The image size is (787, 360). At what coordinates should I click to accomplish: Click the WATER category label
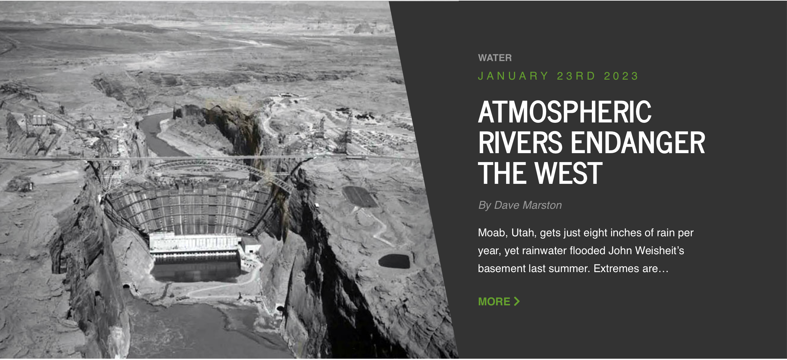(495, 58)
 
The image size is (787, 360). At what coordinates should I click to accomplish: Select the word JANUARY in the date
(513, 76)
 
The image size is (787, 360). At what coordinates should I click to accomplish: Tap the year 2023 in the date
(621, 76)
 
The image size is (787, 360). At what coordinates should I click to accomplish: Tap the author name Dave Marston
(528, 205)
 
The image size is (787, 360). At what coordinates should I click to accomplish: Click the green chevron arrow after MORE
(517, 301)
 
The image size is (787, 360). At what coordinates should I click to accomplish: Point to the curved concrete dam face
(189, 208)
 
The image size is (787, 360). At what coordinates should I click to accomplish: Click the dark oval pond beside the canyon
(394, 261)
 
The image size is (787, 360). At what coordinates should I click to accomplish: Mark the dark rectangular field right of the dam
(360, 197)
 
